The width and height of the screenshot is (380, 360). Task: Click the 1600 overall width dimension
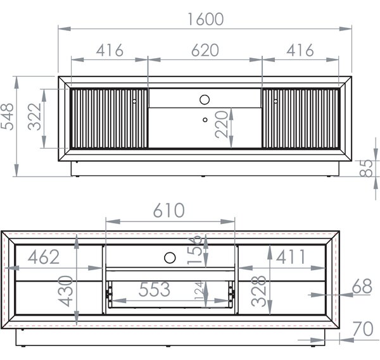click(205, 20)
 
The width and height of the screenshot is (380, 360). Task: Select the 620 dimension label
click(205, 51)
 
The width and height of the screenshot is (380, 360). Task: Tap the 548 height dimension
click(7, 116)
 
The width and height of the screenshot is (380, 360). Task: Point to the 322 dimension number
click(34, 116)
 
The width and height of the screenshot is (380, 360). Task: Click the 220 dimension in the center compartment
click(222, 124)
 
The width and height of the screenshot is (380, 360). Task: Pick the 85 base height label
click(366, 168)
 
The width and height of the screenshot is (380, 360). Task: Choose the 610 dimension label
click(169, 210)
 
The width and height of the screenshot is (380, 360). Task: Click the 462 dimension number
click(44, 257)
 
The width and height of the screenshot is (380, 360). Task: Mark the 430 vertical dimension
click(65, 291)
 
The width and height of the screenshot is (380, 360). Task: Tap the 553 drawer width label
click(155, 289)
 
